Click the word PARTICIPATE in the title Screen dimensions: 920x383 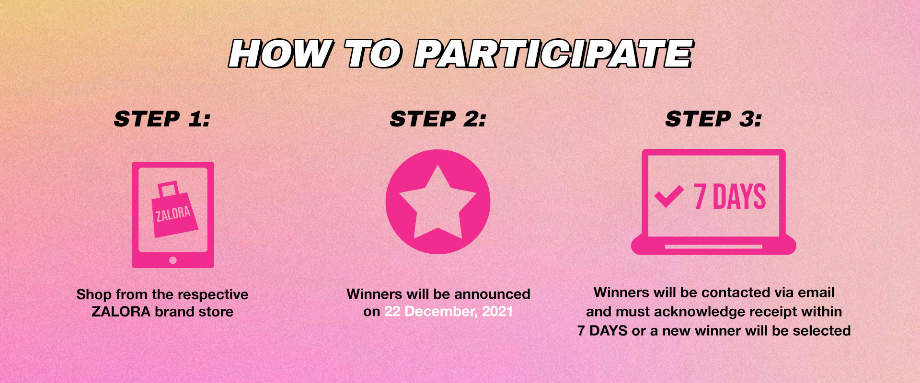554,53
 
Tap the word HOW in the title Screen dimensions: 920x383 280,53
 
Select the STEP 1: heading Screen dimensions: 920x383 162,119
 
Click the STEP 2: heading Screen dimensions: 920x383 438,119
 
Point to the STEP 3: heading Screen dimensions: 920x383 713,119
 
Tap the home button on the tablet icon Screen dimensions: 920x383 173,260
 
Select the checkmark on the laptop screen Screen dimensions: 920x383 669,196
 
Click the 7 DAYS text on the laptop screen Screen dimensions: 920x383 730,196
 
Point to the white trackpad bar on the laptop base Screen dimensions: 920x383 713,247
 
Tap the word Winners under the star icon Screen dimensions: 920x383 374,294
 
